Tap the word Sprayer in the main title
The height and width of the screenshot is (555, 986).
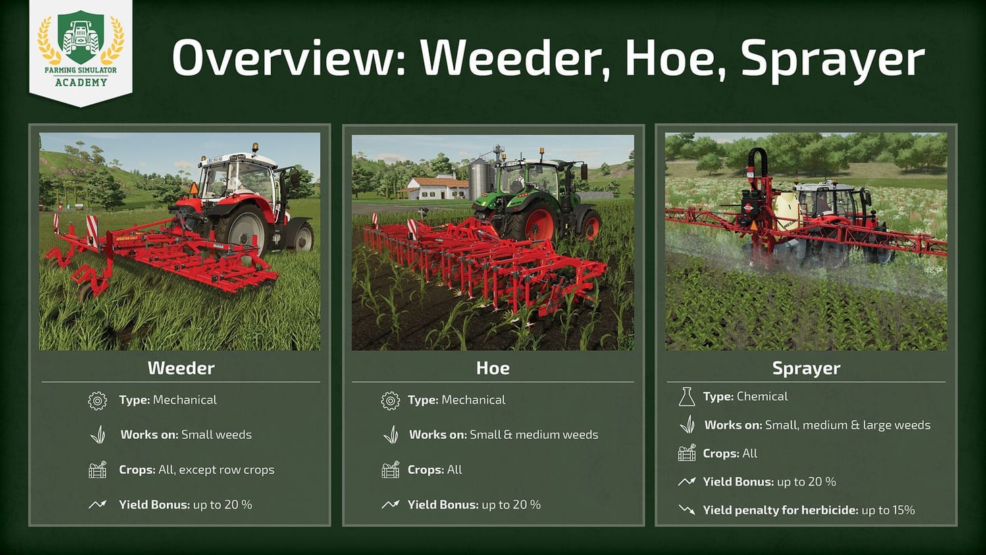832,59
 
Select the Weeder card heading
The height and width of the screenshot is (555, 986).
181,368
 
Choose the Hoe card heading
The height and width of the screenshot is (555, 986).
492,368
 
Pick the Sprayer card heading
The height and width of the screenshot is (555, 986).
806,368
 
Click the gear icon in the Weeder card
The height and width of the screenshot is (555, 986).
97,400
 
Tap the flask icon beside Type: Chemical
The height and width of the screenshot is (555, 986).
686,397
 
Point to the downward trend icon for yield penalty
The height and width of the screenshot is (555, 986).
686,510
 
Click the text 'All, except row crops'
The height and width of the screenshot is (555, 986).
216,470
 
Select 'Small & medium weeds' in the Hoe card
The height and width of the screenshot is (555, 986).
534,435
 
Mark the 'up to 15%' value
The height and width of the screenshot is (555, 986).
888,510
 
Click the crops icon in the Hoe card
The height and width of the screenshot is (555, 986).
390,470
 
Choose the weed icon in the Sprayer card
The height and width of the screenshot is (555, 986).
686,425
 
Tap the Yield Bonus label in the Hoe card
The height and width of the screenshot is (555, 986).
442,505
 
